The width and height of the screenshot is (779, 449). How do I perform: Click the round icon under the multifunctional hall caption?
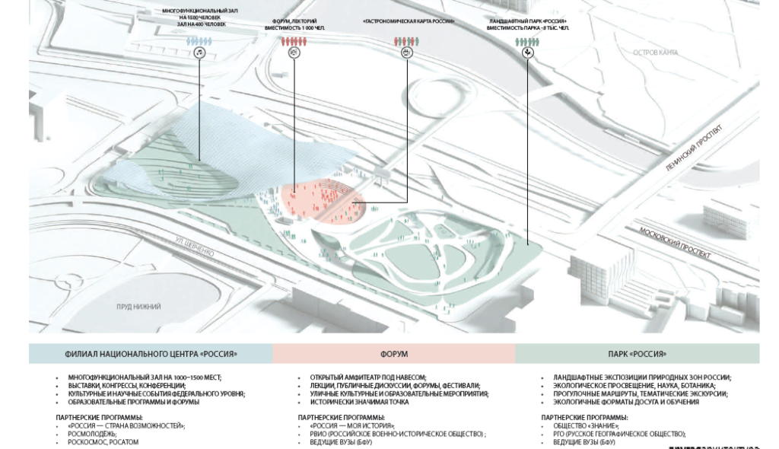click(199, 52)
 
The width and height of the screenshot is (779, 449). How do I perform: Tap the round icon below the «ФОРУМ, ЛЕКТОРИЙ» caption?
click(294, 52)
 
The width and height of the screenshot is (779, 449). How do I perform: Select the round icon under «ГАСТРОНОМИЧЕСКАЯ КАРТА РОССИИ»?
click(407, 52)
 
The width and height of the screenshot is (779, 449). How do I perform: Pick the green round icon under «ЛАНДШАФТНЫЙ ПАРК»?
click(528, 53)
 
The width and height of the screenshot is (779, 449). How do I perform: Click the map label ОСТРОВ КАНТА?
click(656, 52)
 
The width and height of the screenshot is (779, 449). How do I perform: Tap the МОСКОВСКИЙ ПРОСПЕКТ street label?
click(675, 243)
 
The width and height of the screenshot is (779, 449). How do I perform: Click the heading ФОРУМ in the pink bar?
click(393, 354)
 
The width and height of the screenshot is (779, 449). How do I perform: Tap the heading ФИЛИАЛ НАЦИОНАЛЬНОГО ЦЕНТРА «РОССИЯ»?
click(151, 354)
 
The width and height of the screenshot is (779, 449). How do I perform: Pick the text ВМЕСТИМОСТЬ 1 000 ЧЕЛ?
click(294, 27)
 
